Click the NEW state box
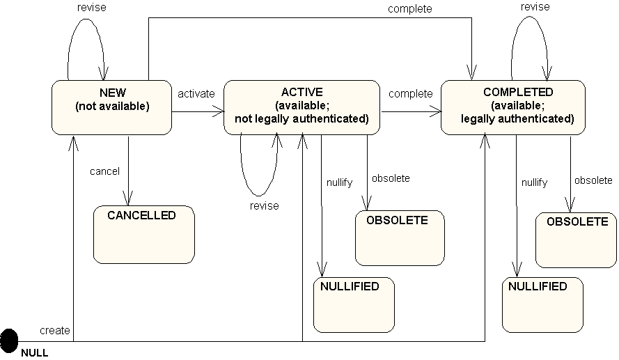tap(111, 107)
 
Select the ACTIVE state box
tap(301, 107)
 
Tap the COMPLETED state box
tap(512, 107)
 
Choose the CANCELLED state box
tap(144, 235)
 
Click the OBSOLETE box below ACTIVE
tap(400, 238)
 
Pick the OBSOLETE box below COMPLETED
tap(576, 240)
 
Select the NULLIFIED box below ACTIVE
tap(354, 305)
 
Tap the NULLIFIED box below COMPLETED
tap(542, 305)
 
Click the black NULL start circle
tap(9, 341)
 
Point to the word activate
tap(196, 94)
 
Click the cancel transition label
tap(104, 171)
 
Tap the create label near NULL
tap(55, 330)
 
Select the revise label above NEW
tap(92, 8)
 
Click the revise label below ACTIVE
tap(264, 205)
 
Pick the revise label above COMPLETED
tap(535, 7)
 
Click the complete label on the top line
tap(410, 8)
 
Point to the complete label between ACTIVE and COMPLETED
tap(411, 94)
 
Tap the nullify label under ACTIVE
tap(339, 182)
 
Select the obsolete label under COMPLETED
tap(593, 180)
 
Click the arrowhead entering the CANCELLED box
tap(128, 198)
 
